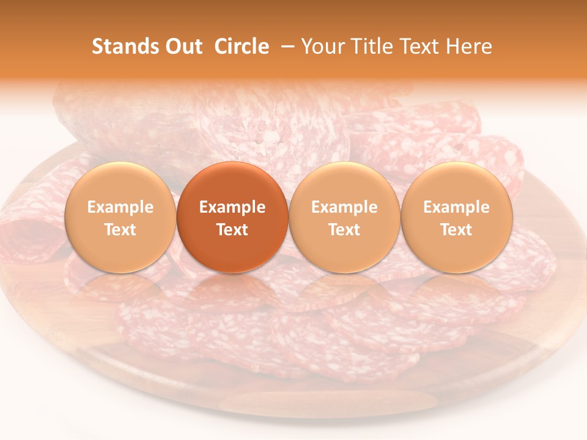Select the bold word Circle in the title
tap(242, 46)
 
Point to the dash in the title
tap(286, 47)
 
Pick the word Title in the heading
tap(372, 46)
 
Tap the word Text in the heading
tap(421, 46)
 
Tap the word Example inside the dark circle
tap(232, 207)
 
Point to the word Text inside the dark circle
tap(232, 230)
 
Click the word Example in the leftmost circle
tap(120, 207)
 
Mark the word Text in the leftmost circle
tap(120, 230)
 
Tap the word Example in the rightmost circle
tap(457, 207)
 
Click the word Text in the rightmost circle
tap(457, 230)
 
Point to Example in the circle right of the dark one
tap(344, 207)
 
